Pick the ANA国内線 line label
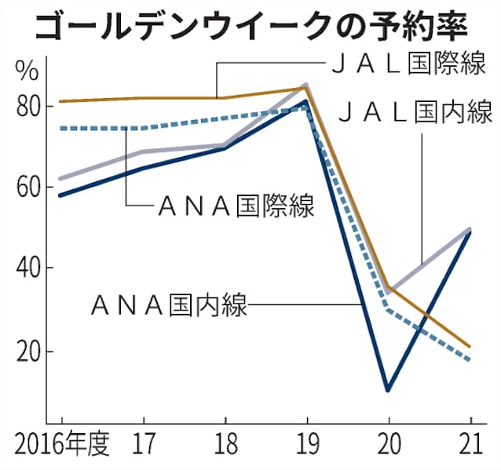pyautogui.click(x=169, y=303)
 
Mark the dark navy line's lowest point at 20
pyautogui.click(x=387, y=389)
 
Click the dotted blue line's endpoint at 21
pyautogui.click(x=469, y=359)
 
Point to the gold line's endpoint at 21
pyautogui.click(x=469, y=346)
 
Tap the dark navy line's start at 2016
pyautogui.click(x=60, y=195)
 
